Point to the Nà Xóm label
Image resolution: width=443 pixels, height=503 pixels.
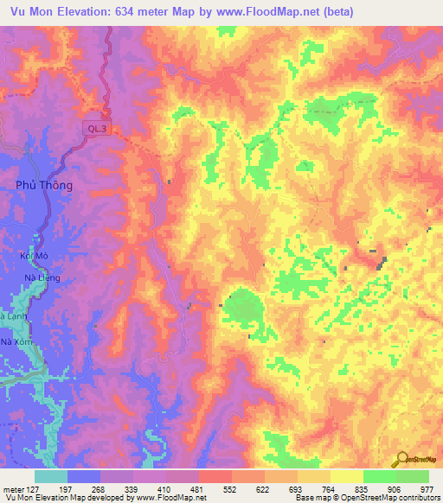click(x=18, y=343)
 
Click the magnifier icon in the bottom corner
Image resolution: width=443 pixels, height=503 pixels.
click(x=403, y=460)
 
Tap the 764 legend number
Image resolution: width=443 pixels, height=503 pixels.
click(x=327, y=489)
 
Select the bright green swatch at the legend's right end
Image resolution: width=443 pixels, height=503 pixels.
click(x=412, y=476)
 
